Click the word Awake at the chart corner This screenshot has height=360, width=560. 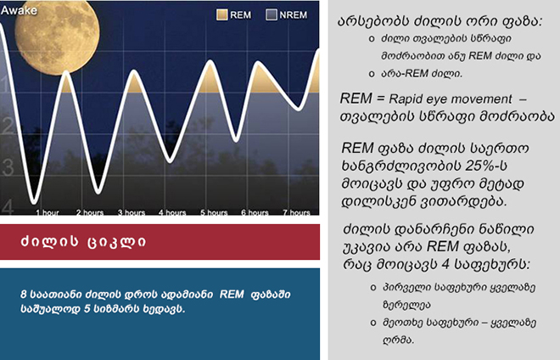tap(19, 10)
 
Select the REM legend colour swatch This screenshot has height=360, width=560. tap(221, 14)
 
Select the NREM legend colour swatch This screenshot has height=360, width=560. tap(271, 14)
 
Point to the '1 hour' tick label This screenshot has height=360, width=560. tap(48, 212)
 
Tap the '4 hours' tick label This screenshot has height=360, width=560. tap(172, 212)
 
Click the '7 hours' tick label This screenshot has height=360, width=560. tap(296, 212)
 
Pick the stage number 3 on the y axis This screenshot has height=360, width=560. tap(8, 167)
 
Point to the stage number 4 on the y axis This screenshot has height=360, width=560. tap(8, 206)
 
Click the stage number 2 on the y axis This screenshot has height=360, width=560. tap(8, 126)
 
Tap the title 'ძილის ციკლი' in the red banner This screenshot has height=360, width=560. tap(83, 242)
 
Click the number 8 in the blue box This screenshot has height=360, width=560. tap(24, 295)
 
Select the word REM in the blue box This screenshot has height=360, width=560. tap(232, 295)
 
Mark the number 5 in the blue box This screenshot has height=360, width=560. tap(87, 309)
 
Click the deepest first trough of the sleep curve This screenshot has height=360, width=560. tap(34, 202)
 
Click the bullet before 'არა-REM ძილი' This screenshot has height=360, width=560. tap(372, 74)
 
